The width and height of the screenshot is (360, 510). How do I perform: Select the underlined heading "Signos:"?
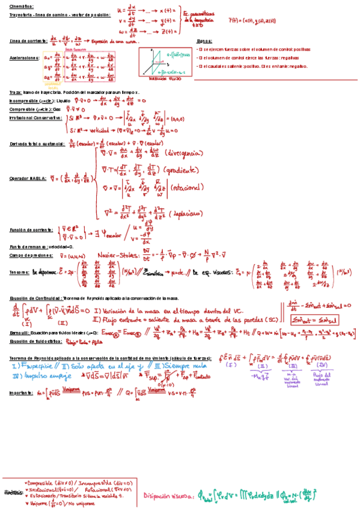[x=204, y=41]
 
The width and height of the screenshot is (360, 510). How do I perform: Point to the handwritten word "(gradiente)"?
[x=183, y=170]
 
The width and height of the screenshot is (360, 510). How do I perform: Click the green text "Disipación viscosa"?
[x=168, y=496]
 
